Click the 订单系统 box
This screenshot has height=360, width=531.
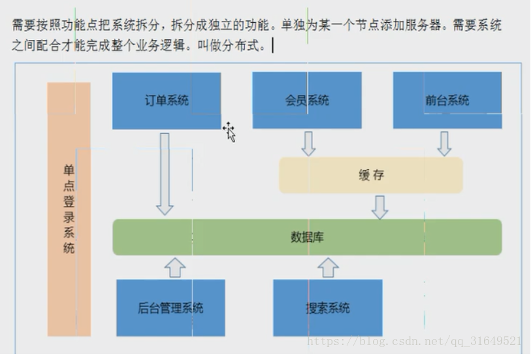(x=167, y=101)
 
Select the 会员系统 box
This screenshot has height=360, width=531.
(x=307, y=101)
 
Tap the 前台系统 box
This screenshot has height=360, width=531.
(x=447, y=101)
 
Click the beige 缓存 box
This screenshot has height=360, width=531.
(x=371, y=175)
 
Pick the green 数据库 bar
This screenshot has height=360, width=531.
(x=307, y=237)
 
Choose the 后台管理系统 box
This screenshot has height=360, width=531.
(x=170, y=308)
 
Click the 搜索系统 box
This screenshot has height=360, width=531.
(x=327, y=308)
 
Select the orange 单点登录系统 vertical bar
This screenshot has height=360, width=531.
(x=69, y=209)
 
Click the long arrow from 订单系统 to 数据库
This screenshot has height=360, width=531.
(x=165, y=173)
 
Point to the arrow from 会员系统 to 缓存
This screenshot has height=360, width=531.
(x=308, y=143)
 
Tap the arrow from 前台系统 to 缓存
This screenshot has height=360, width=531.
(x=444, y=143)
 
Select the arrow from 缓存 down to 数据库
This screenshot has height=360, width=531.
(x=379, y=206)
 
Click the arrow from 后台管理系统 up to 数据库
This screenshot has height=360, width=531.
(x=174, y=267)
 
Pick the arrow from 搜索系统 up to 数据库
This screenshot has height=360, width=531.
(x=328, y=267)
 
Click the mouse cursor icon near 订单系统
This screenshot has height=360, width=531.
(x=229, y=131)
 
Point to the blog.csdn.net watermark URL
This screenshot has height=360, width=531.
(x=414, y=341)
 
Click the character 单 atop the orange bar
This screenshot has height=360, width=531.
(x=69, y=169)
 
